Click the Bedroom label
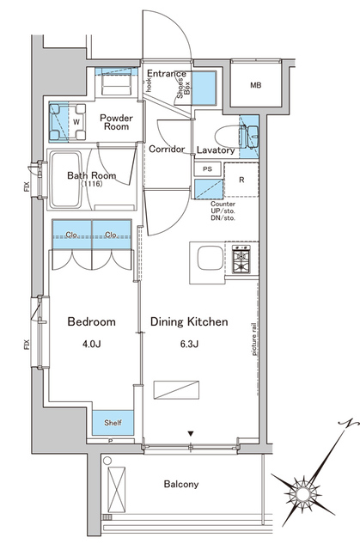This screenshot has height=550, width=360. coord(91,322)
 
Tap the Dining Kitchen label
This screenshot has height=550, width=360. coord(189,322)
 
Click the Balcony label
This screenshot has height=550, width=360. coord(181,484)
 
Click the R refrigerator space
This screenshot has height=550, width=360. coord(241,180)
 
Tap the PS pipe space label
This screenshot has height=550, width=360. coord(207,169)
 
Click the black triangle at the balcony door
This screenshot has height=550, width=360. coord(192,434)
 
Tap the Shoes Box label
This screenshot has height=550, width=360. coord(184,87)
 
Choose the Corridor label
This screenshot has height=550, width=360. coord(167,149)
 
